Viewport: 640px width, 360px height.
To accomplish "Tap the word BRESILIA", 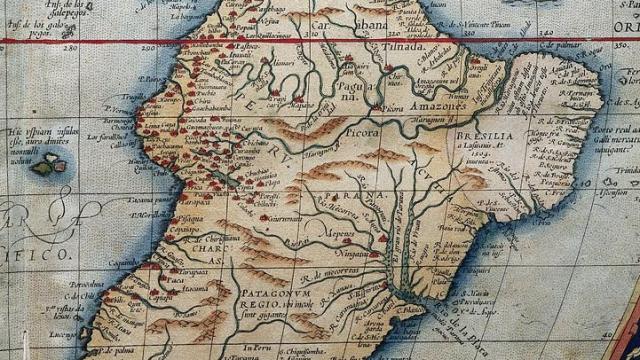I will [x=474, y=136].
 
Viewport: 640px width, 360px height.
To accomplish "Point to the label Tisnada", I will [x=399, y=47].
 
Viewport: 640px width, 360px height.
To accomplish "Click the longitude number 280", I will [x=70, y=46].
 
